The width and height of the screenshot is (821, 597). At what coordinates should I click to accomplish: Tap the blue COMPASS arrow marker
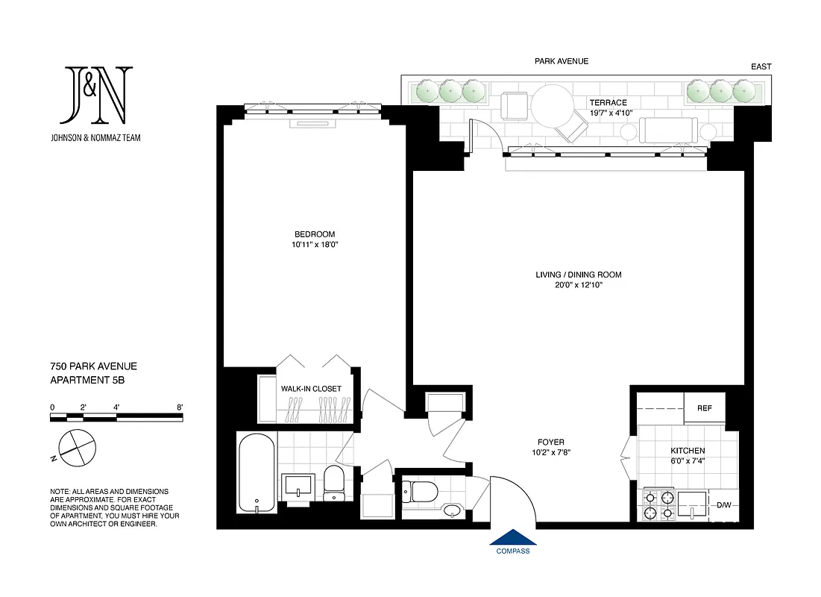(x=513, y=538)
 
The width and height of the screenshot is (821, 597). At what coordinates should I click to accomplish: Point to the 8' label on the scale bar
(x=179, y=407)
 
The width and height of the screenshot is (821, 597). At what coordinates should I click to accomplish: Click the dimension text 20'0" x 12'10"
(x=578, y=286)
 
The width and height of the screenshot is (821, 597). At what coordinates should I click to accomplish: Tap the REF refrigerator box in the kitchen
(x=705, y=408)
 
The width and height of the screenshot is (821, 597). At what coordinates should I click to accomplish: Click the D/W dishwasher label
(x=724, y=505)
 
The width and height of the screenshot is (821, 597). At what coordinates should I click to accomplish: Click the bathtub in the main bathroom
(x=257, y=473)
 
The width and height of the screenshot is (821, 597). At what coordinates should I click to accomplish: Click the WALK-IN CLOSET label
(x=311, y=389)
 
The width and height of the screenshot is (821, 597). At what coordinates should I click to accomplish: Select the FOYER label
(x=551, y=441)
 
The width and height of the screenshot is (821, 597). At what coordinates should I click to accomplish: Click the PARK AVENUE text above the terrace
(x=562, y=62)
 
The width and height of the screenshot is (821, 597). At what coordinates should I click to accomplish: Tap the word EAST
(x=761, y=66)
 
